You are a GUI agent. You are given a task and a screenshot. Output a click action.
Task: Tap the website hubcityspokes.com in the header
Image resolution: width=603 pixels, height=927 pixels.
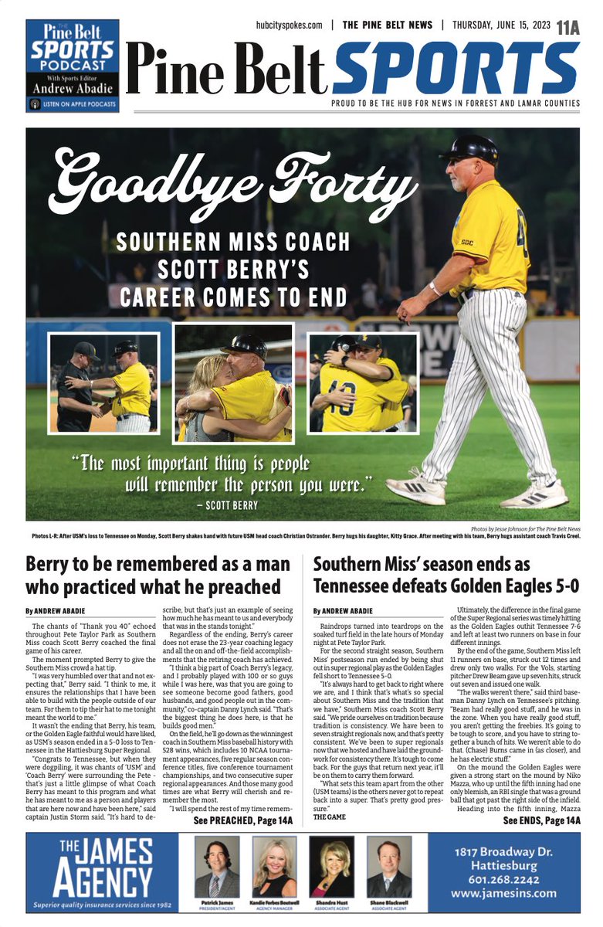click(x=289, y=25)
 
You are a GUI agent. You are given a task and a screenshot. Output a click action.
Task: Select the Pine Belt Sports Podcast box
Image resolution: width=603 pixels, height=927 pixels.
click(x=73, y=66)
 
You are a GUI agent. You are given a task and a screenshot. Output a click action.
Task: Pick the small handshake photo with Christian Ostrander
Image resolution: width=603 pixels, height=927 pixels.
click(x=103, y=382)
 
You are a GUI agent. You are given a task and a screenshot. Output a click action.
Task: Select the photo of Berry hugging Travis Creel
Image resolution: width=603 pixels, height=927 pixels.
click(x=363, y=382)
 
